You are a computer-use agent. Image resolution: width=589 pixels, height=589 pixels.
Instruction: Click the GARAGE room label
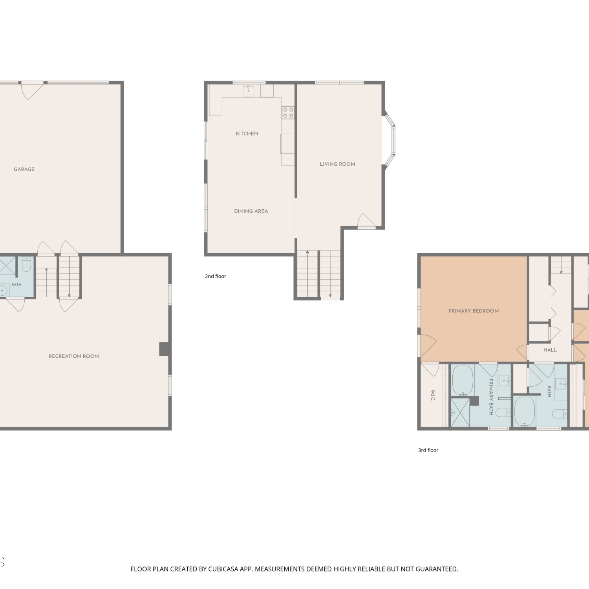click(24, 169)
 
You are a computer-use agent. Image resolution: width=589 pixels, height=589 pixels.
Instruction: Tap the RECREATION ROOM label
click(74, 356)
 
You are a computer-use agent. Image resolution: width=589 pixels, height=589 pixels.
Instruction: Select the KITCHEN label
click(247, 134)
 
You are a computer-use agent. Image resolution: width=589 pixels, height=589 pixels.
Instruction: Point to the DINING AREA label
click(251, 211)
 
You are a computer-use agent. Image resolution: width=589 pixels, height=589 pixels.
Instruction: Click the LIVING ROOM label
click(337, 164)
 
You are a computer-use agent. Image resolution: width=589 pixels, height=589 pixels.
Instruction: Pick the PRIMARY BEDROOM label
click(474, 311)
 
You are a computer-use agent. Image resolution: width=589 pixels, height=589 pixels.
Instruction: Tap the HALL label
click(550, 350)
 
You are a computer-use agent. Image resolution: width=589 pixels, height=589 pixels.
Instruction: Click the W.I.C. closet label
click(433, 396)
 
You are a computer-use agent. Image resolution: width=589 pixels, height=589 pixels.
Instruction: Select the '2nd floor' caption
click(216, 276)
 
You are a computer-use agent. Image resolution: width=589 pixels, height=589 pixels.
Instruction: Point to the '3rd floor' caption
click(428, 450)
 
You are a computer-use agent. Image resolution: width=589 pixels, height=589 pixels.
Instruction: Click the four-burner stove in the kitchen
click(288, 113)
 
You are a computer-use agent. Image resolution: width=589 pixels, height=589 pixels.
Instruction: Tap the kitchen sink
click(248, 91)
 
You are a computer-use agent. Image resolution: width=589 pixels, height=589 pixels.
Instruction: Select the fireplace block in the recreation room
click(164, 349)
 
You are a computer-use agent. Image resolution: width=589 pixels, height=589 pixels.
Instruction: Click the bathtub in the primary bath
click(463, 380)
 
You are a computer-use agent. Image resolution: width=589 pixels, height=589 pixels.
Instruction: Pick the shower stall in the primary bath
click(460, 412)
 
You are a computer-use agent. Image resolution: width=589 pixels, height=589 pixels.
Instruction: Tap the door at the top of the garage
click(32, 90)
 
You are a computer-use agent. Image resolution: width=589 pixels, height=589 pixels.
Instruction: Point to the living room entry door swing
click(366, 221)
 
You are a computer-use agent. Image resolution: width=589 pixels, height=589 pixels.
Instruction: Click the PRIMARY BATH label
click(491, 397)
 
